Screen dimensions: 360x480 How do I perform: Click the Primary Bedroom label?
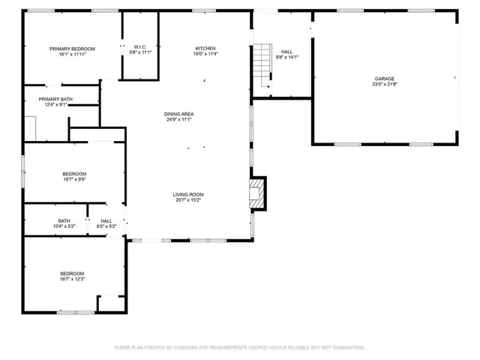pyautogui.click(x=73, y=49)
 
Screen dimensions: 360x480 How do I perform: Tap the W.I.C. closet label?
pyautogui.click(x=140, y=46)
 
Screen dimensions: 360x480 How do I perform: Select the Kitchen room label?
pyautogui.click(x=205, y=48)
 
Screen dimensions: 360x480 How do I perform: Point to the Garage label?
pyautogui.click(x=385, y=78)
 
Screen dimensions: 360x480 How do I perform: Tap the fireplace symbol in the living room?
pyautogui.click(x=258, y=193)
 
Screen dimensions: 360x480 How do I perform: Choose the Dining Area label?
pyautogui.click(x=178, y=114)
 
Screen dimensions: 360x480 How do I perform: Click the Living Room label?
pyautogui.click(x=189, y=194)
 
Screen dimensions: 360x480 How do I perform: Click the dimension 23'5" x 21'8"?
pyautogui.click(x=385, y=84)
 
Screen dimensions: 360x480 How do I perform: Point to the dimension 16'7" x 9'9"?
pyautogui.click(x=74, y=180)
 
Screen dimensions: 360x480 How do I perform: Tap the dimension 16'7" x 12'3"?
pyautogui.click(x=73, y=279)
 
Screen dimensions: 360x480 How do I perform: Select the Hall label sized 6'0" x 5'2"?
pyautogui.click(x=106, y=220)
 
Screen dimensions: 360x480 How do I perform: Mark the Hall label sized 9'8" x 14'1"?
pyautogui.click(x=287, y=51)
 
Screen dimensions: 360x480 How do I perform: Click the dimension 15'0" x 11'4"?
pyautogui.click(x=205, y=54)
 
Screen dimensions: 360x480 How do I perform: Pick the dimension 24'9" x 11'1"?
pyautogui.click(x=178, y=120)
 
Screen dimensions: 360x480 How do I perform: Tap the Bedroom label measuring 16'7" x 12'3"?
pyautogui.click(x=73, y=273)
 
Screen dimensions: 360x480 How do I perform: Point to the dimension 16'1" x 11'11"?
pyautogui.click(x=73, y=55)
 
